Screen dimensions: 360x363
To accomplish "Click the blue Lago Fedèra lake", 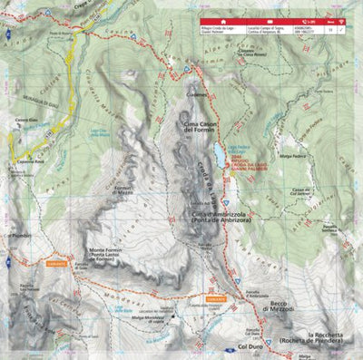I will coord(221,161).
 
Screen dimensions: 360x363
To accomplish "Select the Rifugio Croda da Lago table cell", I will coord(225,30).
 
